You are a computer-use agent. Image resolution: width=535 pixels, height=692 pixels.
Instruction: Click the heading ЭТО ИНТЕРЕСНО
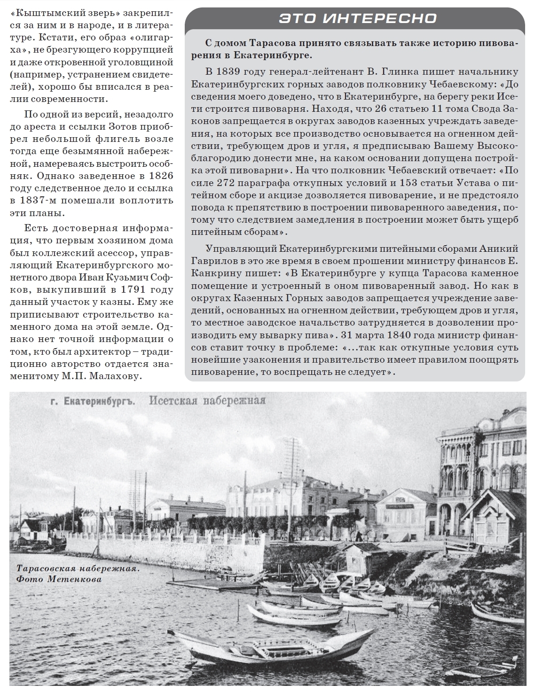click(357, 19)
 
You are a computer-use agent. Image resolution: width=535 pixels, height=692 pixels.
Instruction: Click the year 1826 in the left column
click(158, 176)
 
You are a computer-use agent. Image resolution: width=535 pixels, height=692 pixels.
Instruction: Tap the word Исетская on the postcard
click(170, 401)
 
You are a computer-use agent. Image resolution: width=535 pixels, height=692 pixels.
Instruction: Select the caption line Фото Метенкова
click(59, 579)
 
